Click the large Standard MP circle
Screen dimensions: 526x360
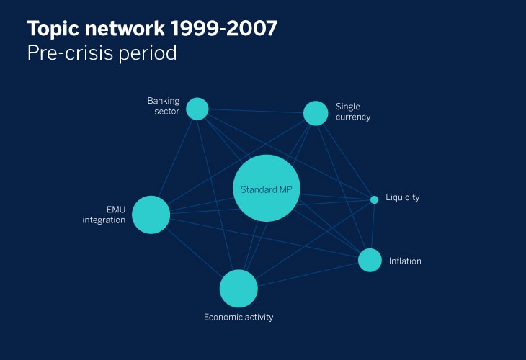pos(267,188)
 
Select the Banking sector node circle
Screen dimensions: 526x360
pos(197,109)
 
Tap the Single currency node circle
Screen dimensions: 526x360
pos(316,113)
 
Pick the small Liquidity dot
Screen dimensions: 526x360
pos(375,199)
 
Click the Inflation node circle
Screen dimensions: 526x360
pos(370,260)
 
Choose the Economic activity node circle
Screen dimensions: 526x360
pos(239,289)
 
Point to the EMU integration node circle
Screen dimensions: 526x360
pos(151,215)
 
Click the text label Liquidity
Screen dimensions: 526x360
pos(403,197)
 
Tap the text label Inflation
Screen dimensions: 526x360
pos(405,261)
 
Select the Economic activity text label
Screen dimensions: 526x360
pos(239,317)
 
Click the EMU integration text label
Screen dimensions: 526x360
pos(104,215)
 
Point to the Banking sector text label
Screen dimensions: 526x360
pos(164,106)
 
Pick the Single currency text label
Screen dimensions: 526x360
pos(353,112)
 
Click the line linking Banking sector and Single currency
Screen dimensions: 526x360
pos(256,111)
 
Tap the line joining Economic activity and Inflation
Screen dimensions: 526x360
pos(308,274)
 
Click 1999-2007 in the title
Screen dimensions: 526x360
pos(224,28)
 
